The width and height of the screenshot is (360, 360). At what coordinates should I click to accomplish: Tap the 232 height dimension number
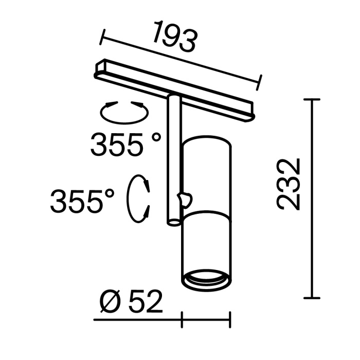[289, 184]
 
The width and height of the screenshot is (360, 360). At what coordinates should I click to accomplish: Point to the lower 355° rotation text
[83, 201]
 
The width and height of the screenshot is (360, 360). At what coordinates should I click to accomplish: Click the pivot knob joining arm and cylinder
[185, 197]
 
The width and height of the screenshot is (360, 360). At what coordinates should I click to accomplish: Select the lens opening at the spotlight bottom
[205, 279]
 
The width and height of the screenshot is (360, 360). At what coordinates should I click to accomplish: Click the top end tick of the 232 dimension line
[312, 99]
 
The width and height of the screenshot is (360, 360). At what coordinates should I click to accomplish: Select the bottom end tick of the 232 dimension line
[312, 298]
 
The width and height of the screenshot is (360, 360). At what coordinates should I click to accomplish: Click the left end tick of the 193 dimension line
[103, 37]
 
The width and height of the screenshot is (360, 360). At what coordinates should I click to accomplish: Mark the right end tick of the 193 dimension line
[260, 82]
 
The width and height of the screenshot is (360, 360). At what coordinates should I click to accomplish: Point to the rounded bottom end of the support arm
[174, 222]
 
